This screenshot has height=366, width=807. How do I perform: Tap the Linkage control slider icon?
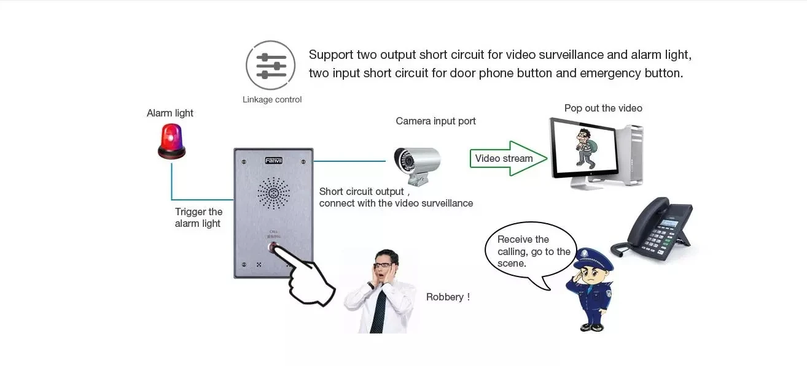coord(271,66)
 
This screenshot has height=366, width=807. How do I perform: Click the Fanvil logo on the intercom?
coord(273,161)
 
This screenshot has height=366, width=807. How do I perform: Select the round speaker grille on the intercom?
coord(273,194)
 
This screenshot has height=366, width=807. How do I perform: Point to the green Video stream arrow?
coord(507,158)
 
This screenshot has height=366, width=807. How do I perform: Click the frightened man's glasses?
coord(383,265)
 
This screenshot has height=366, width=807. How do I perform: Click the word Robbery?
coord(448,297)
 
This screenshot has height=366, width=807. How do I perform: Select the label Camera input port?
coord(435,121)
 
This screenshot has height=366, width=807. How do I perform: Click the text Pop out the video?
coord(603,108)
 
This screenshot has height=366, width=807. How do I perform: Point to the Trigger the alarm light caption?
coord(198,218)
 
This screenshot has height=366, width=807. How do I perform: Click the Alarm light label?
coord(170,113)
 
